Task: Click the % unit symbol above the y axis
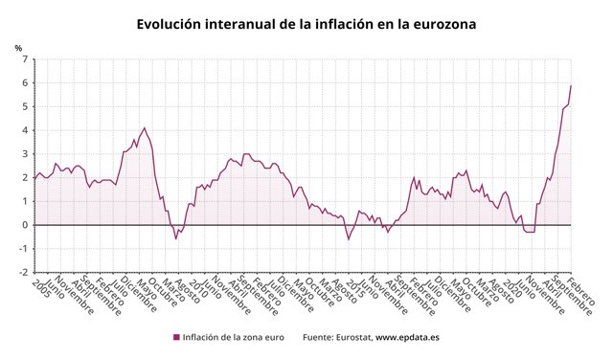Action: click(18, 47)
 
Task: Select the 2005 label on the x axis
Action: click(40, 288)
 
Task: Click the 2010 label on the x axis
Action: click(197, 288)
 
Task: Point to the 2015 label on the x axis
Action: click(355, 288)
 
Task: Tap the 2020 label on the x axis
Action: click(513, 288)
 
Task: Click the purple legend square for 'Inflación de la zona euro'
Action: click(176, 337)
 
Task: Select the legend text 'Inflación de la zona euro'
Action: click(234, 337)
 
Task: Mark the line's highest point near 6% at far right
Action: click(572, 85)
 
